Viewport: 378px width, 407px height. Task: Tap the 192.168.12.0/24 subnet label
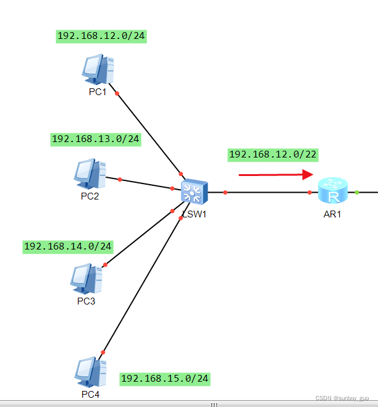(101, 36)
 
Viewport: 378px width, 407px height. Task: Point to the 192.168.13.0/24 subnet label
(96, 140)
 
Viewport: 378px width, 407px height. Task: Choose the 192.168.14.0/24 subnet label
(68, 246)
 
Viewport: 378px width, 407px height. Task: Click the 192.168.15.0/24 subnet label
(165, 378)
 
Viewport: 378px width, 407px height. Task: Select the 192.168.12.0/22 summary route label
(274, 154)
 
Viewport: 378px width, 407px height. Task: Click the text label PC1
(98, 92)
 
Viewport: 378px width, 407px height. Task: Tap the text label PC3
(86, 301)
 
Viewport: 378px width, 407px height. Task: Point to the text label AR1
(332, 214)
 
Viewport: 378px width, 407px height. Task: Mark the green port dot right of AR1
(357, 193)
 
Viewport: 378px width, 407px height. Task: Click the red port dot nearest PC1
(117, 94)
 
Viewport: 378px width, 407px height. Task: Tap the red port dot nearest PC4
(103, 352)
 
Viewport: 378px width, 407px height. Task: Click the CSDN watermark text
(346, 398)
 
